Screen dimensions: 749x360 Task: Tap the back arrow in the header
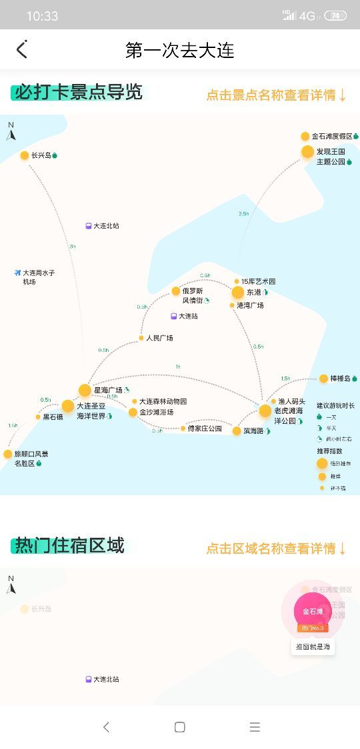pos(22,49)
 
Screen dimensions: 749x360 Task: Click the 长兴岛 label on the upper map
pos(41,155)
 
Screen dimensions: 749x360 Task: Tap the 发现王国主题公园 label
pos(331,157)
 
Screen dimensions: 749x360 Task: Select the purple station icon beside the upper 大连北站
pos(89,226)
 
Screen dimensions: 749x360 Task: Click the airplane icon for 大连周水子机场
pos(17,273)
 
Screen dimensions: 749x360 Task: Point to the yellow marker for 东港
pos(238,293)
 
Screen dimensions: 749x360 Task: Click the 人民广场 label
pos(159,338)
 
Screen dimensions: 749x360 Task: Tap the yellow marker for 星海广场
pos(85,390)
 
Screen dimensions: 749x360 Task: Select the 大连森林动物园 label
pos(163,401)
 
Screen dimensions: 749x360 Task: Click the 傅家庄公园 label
pos(205,428)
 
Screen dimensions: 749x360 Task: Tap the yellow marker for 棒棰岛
pos(324,378)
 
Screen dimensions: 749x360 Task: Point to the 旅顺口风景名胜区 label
pos(31,458)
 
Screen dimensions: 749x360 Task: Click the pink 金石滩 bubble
pos(313,611)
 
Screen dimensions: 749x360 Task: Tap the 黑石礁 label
pos(53,417)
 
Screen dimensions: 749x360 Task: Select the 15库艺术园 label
pos(258,281)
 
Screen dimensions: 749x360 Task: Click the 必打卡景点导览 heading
pos(78,92)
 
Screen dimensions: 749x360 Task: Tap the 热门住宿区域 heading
pos(69,546)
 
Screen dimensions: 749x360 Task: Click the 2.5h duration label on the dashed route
pos(243,214)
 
